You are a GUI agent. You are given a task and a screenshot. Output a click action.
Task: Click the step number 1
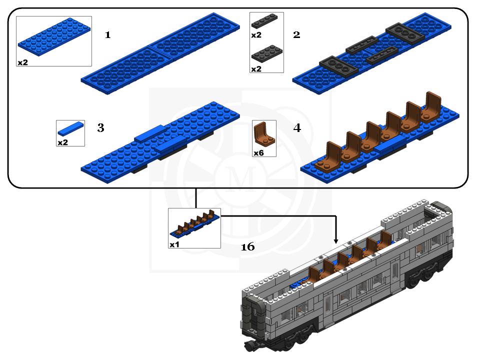[x=107, y=35]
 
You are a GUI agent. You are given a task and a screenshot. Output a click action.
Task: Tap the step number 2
[x=296, y=35]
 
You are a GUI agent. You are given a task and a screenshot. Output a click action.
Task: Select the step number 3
[x=100, y=128]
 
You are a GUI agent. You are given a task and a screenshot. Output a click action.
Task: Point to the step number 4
[x=297, y=128]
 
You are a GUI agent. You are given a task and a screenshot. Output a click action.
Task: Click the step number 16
[x=247, y=246]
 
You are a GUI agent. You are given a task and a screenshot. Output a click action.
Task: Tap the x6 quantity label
[x=258, y=153]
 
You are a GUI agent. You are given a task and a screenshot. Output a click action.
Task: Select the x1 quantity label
[x=174, y=244]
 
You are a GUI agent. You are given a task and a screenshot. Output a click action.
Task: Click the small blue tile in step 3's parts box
[x=70, y=128]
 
